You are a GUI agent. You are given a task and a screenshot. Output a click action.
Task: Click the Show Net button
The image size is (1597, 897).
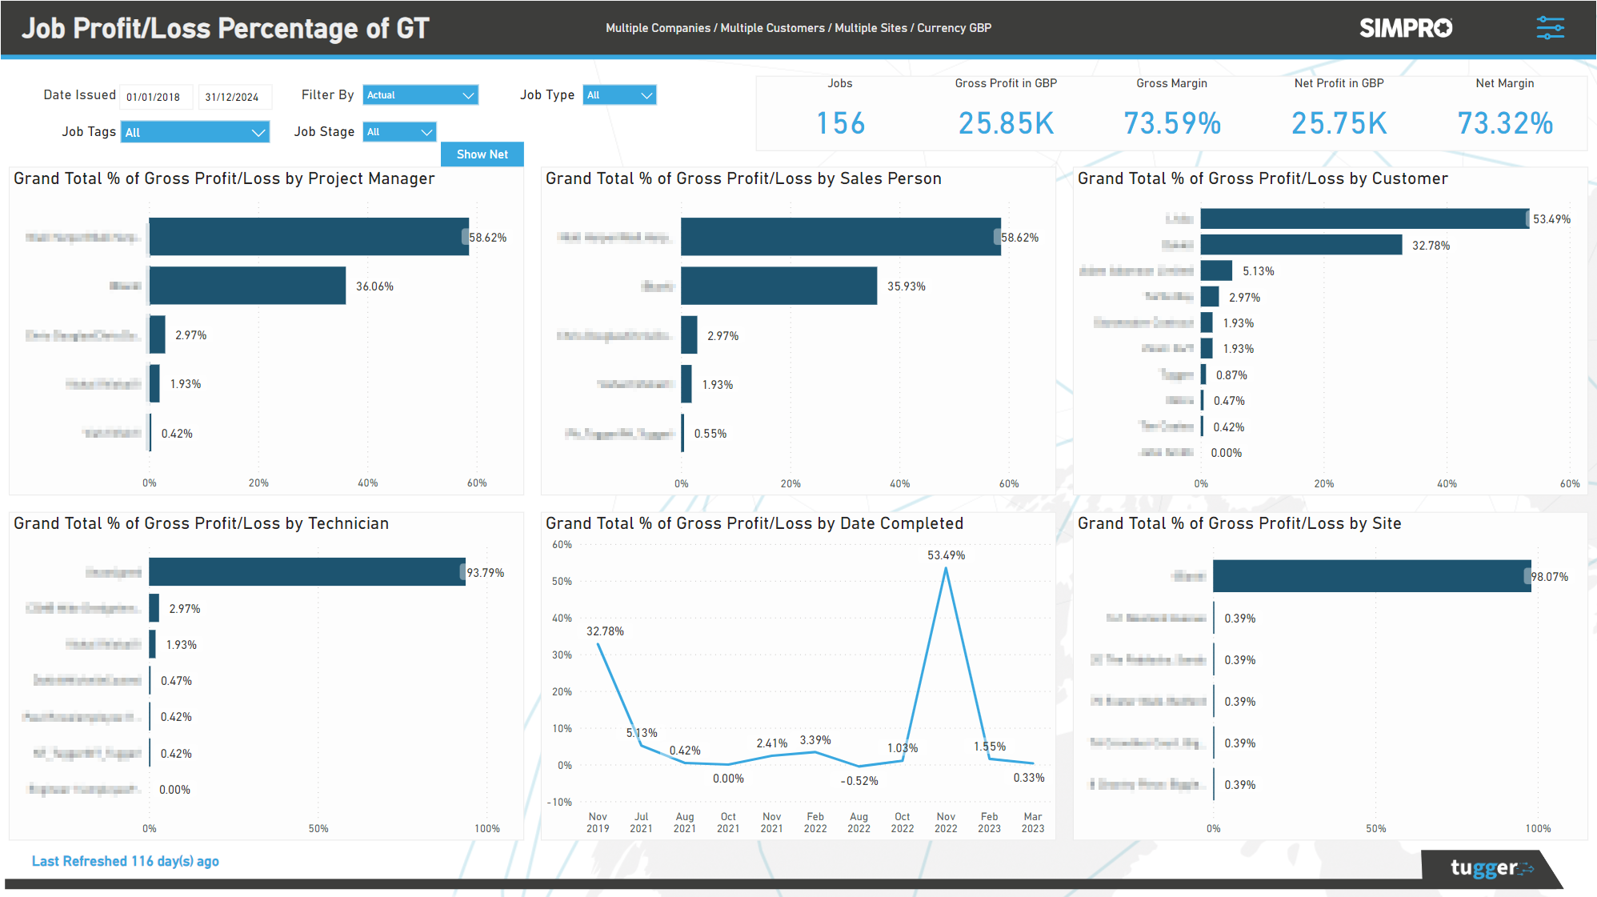pyautogui.click(x=482, y=154)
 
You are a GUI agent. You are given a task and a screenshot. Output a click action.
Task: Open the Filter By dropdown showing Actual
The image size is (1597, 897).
pyautogui.click(x=420, y=95)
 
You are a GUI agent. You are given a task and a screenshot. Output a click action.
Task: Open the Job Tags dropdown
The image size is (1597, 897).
pyautogui.click(x=194, y=132)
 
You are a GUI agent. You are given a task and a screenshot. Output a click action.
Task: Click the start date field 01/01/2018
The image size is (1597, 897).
pyautogui.click(x=154, y=97)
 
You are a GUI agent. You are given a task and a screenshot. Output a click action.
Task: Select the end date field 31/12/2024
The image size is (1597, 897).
pyautogui.click(x=233, y=97)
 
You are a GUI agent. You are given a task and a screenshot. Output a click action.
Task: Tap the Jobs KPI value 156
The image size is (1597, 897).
pyautogui.click(x=840, y=123)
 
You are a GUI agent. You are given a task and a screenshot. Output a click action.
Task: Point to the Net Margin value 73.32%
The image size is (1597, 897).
pyautogui.click(x=1504, y=123)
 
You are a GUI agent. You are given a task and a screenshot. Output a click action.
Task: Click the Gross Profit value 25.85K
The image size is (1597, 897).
pyautogui.click(x=1006, y=123)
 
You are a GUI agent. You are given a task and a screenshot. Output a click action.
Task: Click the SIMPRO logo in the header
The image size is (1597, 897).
pyautogui.click(x=1405, y=28)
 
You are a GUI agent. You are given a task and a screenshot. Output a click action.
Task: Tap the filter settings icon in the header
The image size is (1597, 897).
pyautogui.click(x=1550, y=28)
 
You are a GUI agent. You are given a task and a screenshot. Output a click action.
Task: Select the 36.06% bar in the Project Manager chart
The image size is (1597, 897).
pyautogui.click(x=247, y=286)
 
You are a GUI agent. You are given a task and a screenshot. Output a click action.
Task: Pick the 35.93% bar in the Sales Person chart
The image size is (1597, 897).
pyautogui.click(x=778, y=286)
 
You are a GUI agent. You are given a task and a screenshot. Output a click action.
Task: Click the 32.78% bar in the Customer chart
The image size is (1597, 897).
pyautogui.click(x=1301, y=245)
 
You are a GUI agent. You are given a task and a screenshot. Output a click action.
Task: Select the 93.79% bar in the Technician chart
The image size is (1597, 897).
pyautogui.click(x=306, y=572)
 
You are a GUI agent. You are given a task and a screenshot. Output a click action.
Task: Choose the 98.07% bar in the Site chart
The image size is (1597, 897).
pyautogui.click(x=1371, y=576)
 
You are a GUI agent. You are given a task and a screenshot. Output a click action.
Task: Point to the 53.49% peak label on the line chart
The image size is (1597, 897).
pyautogui.click(x=946, y=555)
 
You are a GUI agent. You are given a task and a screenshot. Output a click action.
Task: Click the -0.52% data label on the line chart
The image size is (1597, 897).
pyautogui.click(x=859, y=781)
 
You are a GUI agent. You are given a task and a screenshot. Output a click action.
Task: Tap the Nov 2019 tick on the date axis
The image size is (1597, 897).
pyautogui.click(x=598, y=823)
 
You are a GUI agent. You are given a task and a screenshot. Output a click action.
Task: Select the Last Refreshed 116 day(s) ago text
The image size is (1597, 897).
pyautogui.click(x=126, y=861)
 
